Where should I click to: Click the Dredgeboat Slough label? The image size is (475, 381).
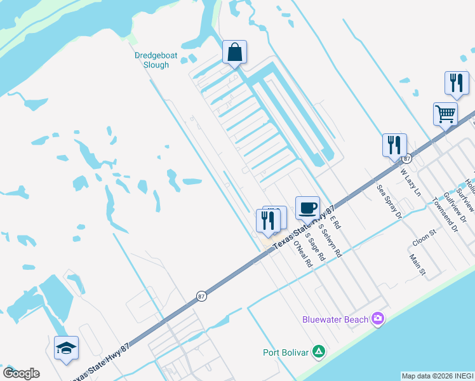[x=152, y=60]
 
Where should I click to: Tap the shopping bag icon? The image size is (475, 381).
[x=234, y=52]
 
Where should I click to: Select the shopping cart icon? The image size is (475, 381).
[x=446, y=114]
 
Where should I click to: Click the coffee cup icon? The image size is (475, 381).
[x=307, y=208]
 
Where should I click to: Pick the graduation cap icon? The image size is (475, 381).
[x=66, y=348]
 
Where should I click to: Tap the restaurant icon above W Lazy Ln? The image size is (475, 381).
[x=394, y=145]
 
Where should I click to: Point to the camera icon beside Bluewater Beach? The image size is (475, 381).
[x=378, y=318]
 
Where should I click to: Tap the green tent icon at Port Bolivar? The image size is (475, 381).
[x=319, y=351]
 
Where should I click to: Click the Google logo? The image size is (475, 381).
[x=21, y=373]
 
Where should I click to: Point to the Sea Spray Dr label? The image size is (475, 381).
[x=390, y=202]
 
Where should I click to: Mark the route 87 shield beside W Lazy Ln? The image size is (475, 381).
[x=407, y=157]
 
